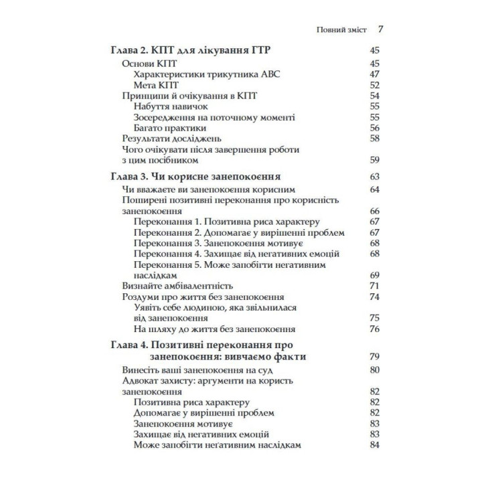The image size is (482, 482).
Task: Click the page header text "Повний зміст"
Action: tap(341, 30)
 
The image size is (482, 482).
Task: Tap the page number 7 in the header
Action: tap(380, 30)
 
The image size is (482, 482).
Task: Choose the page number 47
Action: tap(374, 74)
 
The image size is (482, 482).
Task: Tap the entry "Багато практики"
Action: tap(169, 128)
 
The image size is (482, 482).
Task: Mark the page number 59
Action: tap(374, 161)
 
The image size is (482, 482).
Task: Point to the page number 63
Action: tap(374, 177)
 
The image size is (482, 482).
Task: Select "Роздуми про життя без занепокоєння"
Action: tap(204, 297)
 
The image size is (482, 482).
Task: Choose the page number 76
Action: tap(374, 329)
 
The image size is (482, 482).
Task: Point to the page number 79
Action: tap(374, 357)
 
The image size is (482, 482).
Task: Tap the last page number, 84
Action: tap(374, 445)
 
